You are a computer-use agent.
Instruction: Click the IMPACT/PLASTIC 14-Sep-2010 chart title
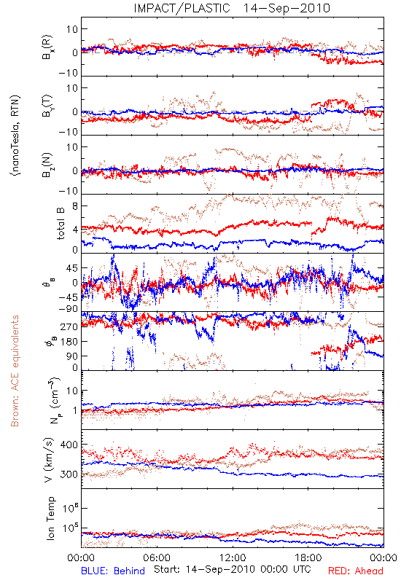coord(232,8)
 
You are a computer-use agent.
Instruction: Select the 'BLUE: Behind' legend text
coord(113,571)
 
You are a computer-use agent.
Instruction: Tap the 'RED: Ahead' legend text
coord(356,571)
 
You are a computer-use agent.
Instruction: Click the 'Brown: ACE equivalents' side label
coord(15,371)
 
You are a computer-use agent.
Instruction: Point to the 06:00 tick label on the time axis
coord(157,557)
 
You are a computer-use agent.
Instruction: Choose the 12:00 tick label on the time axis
coord(233,557)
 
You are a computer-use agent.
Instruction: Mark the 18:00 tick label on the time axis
coord(308,557)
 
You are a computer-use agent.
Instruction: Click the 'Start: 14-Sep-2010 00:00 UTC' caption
coord(232,569)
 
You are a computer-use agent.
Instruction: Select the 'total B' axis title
coord(61,224)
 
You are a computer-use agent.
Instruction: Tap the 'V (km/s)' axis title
coord(49,460)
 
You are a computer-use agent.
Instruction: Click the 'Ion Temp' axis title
coord(50,518)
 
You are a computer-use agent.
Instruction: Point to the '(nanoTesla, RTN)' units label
coord(15,135)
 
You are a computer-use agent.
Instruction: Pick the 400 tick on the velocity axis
coord(69,445)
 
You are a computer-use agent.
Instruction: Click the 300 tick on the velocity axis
coord(69,474)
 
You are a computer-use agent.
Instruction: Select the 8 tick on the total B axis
coord(75,206)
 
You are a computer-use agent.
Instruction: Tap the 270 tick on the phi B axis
coord(69,326)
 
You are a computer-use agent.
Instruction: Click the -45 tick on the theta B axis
coord(69,297)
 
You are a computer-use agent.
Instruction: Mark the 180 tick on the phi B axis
coord(69,342)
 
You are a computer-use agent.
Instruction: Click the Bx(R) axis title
coord(47,47)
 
